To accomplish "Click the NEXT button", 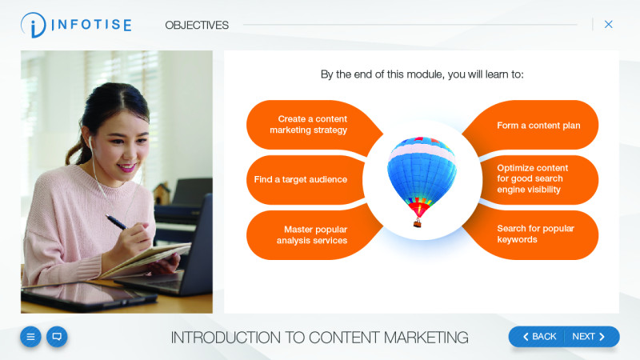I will [592, 337].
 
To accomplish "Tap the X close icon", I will [608, 24].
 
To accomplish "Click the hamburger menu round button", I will [31, 337].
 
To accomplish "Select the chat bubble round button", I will [57, 337].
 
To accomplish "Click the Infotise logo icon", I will [34, 25].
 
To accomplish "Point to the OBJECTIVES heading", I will [197, 25].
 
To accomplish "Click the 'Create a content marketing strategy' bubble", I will [308, 125].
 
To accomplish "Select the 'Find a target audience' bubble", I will [301, 180].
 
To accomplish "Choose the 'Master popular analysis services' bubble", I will [312, 234].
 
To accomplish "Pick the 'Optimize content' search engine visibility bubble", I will [533, 179].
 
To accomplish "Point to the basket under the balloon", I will [418, 223].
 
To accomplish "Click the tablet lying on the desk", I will [80, 297].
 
